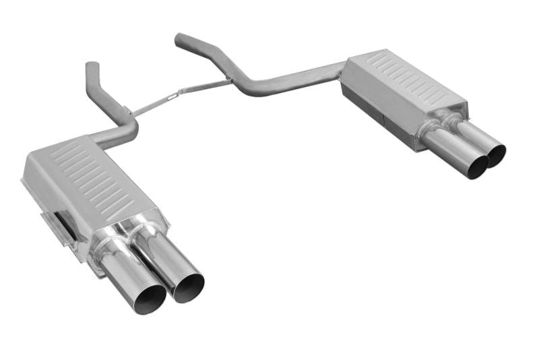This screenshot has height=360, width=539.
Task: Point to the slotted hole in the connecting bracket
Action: pyautogui.click(x=171, y=96)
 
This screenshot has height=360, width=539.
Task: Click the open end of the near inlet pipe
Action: pyautogui.click(x=92, y=65)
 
